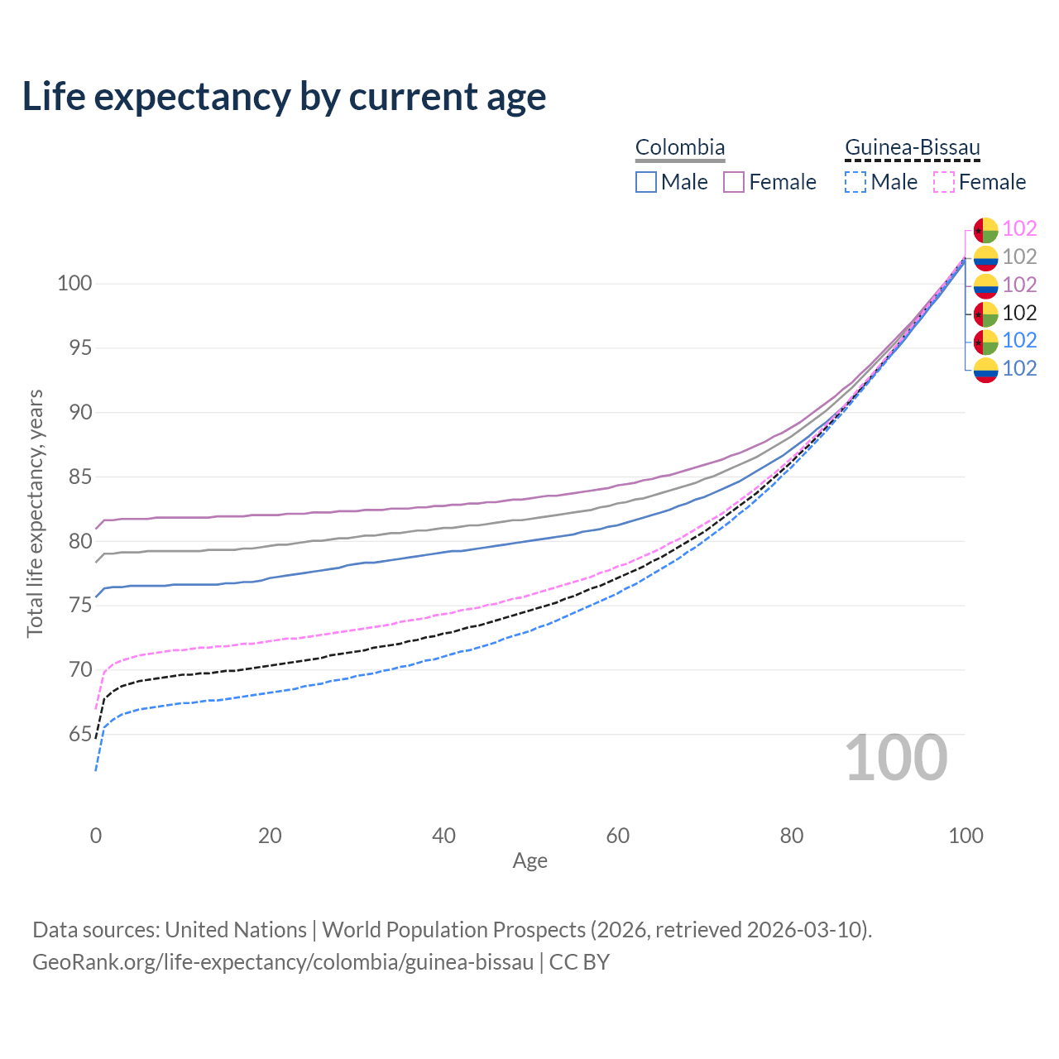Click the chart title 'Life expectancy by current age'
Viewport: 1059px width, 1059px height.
point(284,97)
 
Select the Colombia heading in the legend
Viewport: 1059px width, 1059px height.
point(680,148)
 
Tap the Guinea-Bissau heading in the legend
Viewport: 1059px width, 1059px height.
point(912,148)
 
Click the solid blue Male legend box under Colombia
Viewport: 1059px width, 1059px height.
point(646,182)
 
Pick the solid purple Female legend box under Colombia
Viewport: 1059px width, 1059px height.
point(735,182)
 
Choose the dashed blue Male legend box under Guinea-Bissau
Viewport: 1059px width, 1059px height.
point(855,182)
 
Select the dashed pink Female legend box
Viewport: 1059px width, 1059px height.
point(944,182)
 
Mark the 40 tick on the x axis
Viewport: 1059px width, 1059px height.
point(444,836)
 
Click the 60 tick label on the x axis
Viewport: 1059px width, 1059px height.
point(618,836)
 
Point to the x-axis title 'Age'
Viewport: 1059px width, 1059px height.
point(529,861)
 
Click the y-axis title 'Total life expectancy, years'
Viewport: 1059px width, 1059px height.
point(35,514)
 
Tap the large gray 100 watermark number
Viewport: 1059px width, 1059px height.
point(896,758)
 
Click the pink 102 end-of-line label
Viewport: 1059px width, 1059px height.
point(1019,228)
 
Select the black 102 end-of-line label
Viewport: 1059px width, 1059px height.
point(1019,313)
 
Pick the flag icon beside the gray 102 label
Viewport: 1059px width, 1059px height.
point(985,257)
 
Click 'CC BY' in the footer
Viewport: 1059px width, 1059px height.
point(579,962)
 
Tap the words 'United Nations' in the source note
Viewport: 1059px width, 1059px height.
point(236,930)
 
